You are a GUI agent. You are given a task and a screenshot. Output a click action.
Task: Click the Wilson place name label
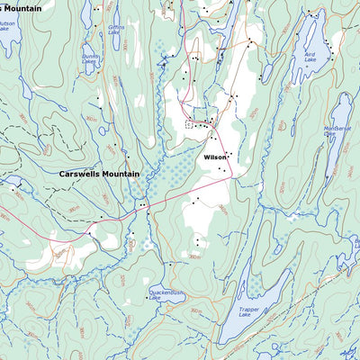point(215,157)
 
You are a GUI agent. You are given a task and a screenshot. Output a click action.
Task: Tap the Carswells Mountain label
point(99,174)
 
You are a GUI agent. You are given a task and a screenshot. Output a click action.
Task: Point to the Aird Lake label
point(310,57)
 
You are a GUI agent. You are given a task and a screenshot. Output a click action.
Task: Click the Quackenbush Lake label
point(166,294)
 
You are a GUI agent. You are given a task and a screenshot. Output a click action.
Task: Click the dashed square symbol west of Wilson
point(190,125)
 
